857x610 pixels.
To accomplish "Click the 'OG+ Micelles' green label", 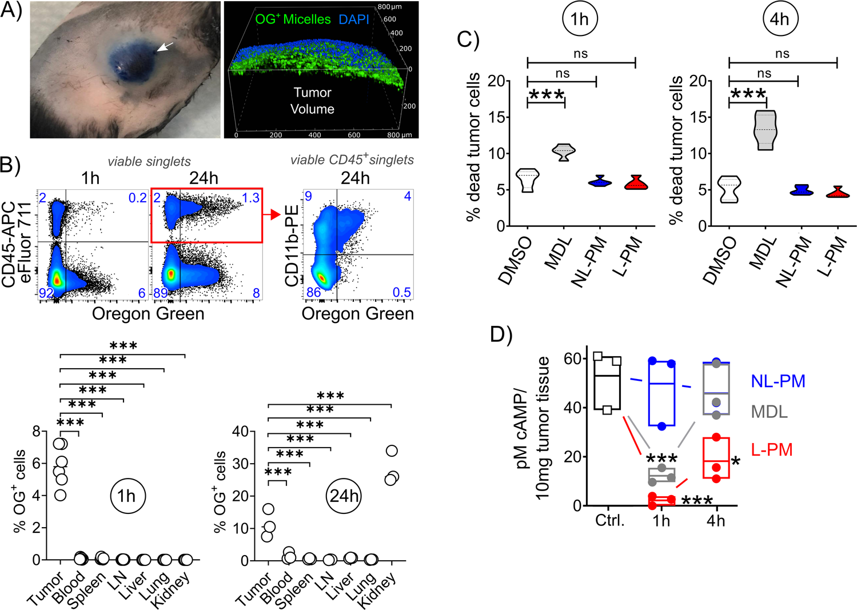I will pyautogui.click(x=293, y=19).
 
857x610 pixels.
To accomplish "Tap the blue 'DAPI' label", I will pyautogui.click(x=353, y=19).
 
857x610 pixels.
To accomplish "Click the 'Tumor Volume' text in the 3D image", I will pyautogui.click(x=312, y=101).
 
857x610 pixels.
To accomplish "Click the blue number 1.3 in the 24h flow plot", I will pyautogui.click(x=250, y=198).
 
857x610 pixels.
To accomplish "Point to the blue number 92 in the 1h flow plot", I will pyautogui.click(x=46, y=293).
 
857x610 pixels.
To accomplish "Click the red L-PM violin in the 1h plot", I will pyautogui.click(x=636, y=183).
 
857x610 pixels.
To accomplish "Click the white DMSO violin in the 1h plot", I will pyautogui.click(x=527, y=181).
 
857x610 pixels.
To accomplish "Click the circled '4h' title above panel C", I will pyautogui.click(x=780, y=19).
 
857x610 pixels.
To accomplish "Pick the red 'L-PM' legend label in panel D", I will pyautogui.click(x=772, y=450).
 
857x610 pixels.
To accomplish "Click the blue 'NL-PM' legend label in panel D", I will pyautogui.click(x=778, y=381).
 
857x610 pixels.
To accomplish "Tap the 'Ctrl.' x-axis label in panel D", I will pyautogui.click(x=610, y=521).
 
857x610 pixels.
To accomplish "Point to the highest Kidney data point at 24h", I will pyautogui.click(x=392, y=451).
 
